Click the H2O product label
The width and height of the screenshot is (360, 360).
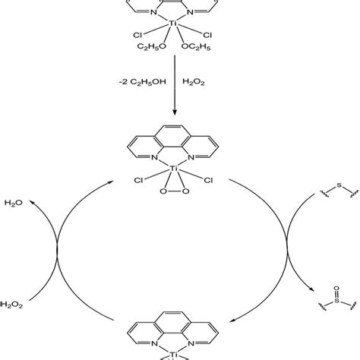14,204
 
